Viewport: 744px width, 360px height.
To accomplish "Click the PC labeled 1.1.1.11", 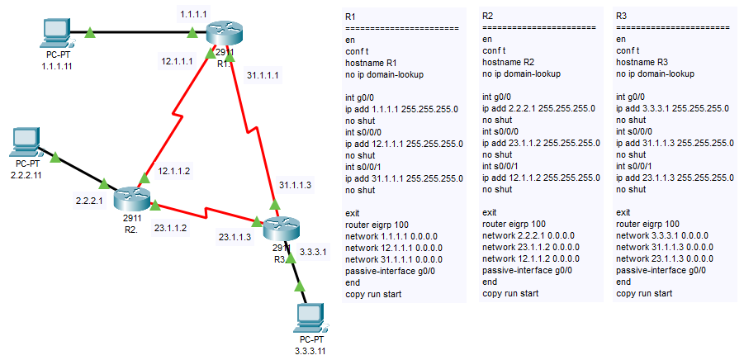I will tap(56, 34).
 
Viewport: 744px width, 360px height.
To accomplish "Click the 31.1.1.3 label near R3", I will tap(296, 184).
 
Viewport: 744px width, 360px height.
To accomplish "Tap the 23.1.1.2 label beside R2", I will tap(170, 227).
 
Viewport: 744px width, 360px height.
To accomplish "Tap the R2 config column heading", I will tap(487, 16).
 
